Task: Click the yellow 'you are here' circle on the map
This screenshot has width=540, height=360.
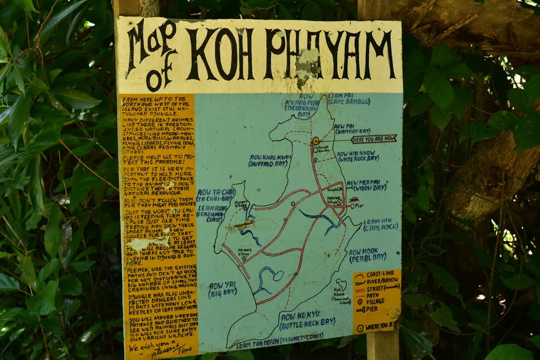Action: [316, 141]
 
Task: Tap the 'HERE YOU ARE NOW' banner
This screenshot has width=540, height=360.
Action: [374, 139]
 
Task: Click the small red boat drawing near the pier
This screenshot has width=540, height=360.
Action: [354, 199]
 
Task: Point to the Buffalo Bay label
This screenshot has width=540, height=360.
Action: [270, 160]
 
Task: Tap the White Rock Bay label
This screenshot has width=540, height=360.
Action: [358, 156]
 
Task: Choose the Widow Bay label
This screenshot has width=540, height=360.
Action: [366, 185]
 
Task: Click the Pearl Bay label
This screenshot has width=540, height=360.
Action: [367, 256]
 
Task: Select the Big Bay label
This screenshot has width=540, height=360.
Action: [223, 289]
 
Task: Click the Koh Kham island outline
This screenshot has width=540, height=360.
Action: [341, 284]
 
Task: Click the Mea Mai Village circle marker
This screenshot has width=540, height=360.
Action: [339, 202]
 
